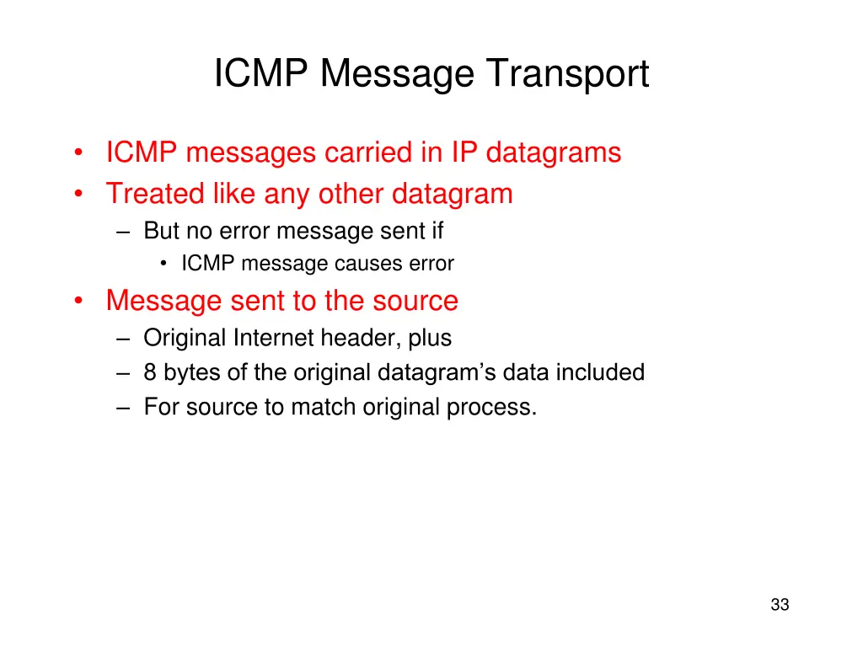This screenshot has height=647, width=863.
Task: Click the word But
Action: (162, 230)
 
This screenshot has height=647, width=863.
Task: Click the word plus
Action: (431, 339)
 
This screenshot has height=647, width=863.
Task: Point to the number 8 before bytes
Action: (150, 372)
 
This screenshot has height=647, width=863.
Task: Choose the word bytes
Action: (186, 373)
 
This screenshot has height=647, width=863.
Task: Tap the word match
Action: (324, 407)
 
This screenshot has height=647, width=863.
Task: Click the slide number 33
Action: (780, 605)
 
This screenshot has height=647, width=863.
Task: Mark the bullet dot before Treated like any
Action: (78, 195)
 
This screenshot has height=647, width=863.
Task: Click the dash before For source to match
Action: (125, 408)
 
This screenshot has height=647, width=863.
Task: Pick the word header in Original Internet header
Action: (361, 338)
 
